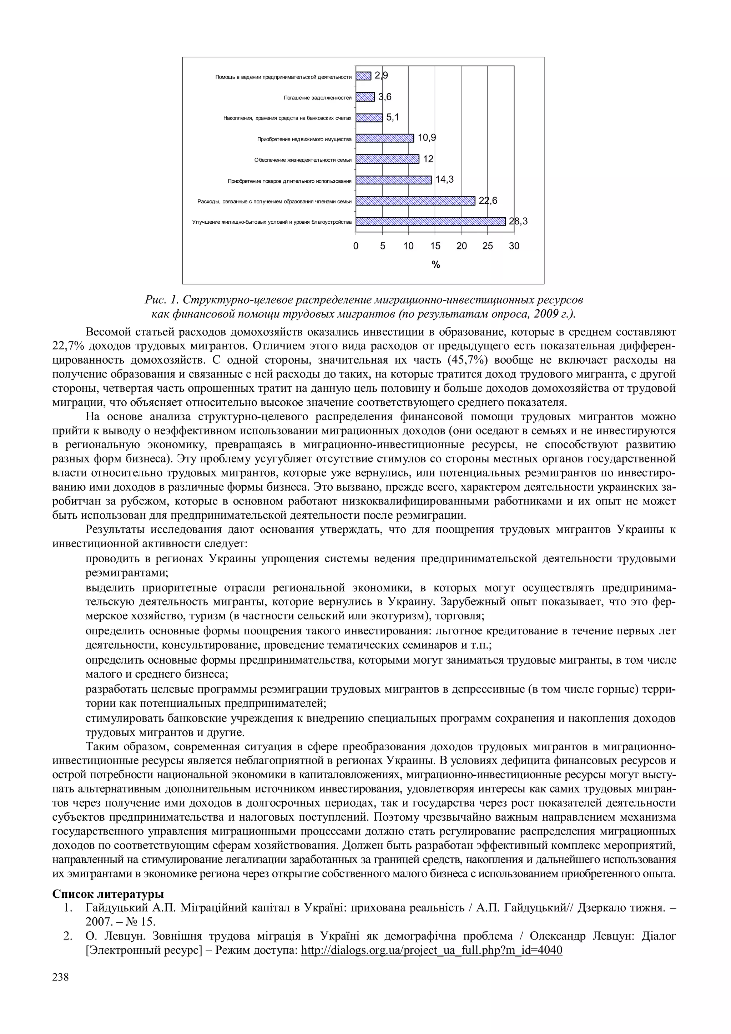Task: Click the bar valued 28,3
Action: click(x=430, y=221)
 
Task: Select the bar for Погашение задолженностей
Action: click(x=365, y=97)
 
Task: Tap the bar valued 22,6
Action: click(x=415, y=201)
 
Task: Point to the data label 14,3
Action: click(x=444, y=180)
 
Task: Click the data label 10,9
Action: click(x=427, y=138)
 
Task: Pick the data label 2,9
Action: click(x=381, y=76)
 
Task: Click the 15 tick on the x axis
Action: click(x=435, y=246)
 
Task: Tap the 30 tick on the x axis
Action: click(x=514, y=246)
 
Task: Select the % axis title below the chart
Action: click(x=435, y=265)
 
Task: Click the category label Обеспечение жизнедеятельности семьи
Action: click(x=303, y=160)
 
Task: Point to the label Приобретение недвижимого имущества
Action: click(x=304, y=139)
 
